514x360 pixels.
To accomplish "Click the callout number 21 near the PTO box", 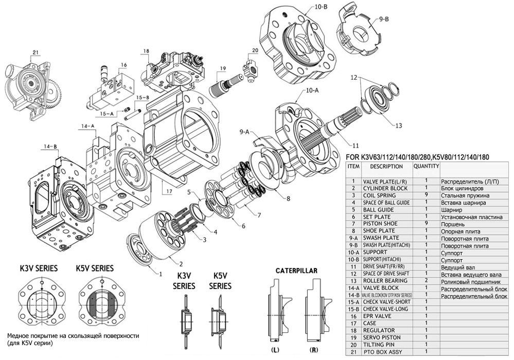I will point(35,52).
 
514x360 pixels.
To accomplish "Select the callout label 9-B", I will point(383,19).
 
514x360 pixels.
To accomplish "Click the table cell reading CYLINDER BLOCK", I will point(385,188).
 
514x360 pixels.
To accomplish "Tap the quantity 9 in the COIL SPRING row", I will point(427,195).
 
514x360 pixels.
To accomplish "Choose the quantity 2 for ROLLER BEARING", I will point(427,281).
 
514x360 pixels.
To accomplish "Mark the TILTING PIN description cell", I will point(378,345).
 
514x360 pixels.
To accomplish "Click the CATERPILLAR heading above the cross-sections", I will point(296,270).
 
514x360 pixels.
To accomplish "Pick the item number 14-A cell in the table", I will point(353,288).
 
